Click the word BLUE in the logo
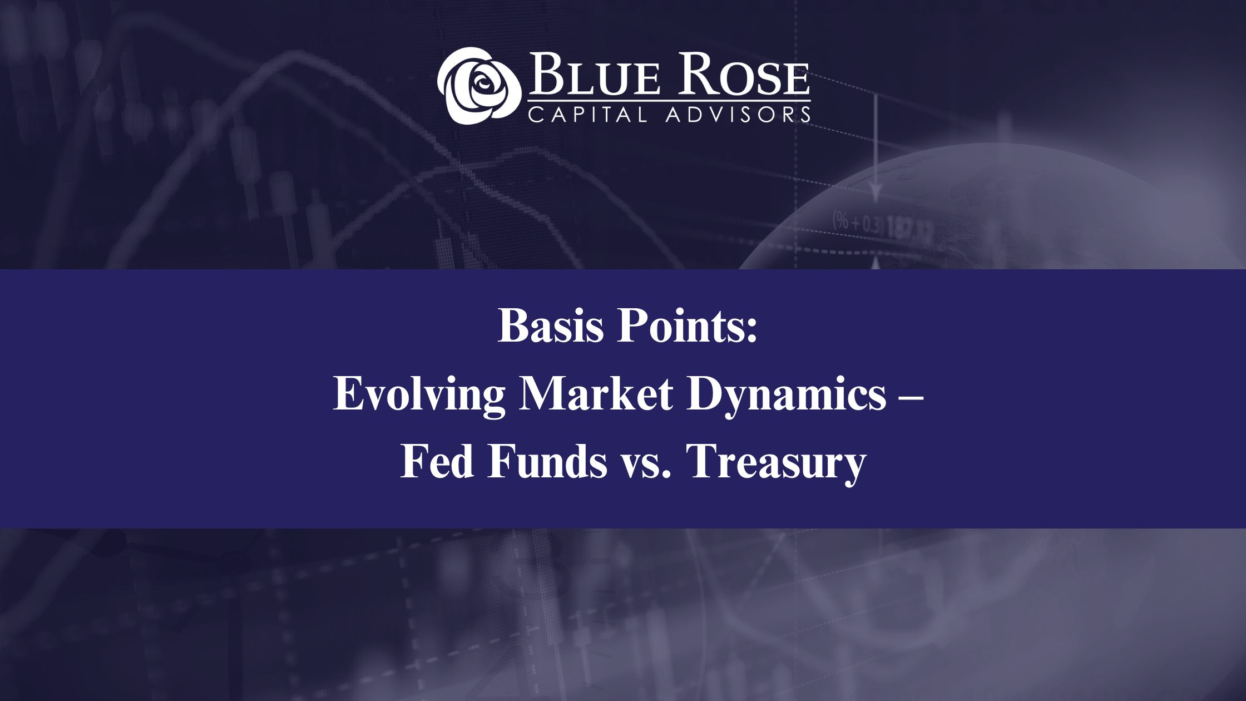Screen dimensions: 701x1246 pyautogui.click(x=594, y=75)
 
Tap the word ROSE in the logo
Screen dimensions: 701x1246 pyautogui.click(x=743, y=75)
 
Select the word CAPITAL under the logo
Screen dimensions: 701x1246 pyautogui.click(x=588, y=115)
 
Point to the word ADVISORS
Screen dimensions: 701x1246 pyautogui.click(x=738, y=115)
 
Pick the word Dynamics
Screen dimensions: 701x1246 pyautogui.click(x=787, y=395)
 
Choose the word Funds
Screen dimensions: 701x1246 pyautogui.click(x=547, y=462)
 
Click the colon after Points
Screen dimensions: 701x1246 pyautogui.click(x=751, y=331)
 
